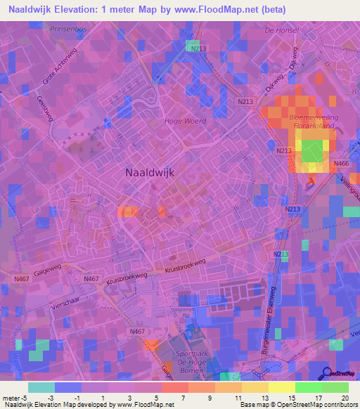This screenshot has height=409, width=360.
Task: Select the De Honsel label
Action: (281, 30)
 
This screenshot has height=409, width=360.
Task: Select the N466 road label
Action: (341, 164)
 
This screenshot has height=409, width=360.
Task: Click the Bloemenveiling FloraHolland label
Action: (302, 122)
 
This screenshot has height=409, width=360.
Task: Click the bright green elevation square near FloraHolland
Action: (314, 150)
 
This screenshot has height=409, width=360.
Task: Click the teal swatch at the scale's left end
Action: (41, 387)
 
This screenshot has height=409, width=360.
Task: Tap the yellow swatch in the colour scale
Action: (281, 387)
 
